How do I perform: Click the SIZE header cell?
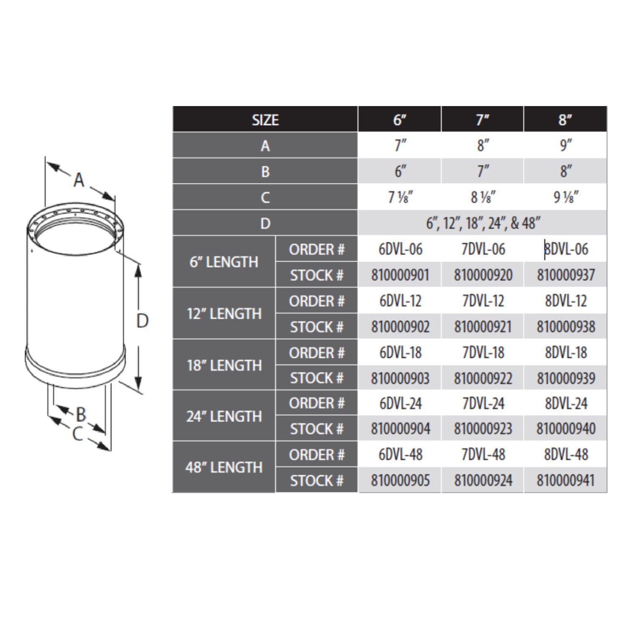(x=265, y=120)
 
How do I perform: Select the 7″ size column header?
(x=482, y=120)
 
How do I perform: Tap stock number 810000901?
(x=400, y=276)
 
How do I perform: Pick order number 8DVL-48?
(x=566, y=455)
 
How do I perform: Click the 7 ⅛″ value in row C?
(x=400, y=197)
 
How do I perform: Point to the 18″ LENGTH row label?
(x=224, y=365)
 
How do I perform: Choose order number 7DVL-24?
(x=483, y=404)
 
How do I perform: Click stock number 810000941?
(x=566, y=481)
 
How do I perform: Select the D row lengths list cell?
(x=482, y=223)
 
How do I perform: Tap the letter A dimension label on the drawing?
(x=79, y=180)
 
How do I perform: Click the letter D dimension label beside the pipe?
(x=142, y=321)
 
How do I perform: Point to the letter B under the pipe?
(x=81, y=414)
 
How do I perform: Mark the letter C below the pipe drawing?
(x=77, y=434)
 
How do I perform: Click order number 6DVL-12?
(x=400, y=301)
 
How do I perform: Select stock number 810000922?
(x=483, y=378)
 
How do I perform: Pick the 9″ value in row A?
(x=566, y=146)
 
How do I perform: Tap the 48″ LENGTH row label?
(x=224, y=467)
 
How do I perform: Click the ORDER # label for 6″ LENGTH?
(x=317, y=250)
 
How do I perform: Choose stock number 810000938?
(x=566, y=327)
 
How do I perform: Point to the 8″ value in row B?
(x=566, y=172)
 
